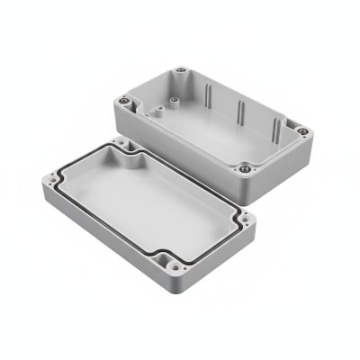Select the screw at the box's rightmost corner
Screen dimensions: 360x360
pos(302,131)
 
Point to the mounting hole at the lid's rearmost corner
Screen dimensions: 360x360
pos(121,142)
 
